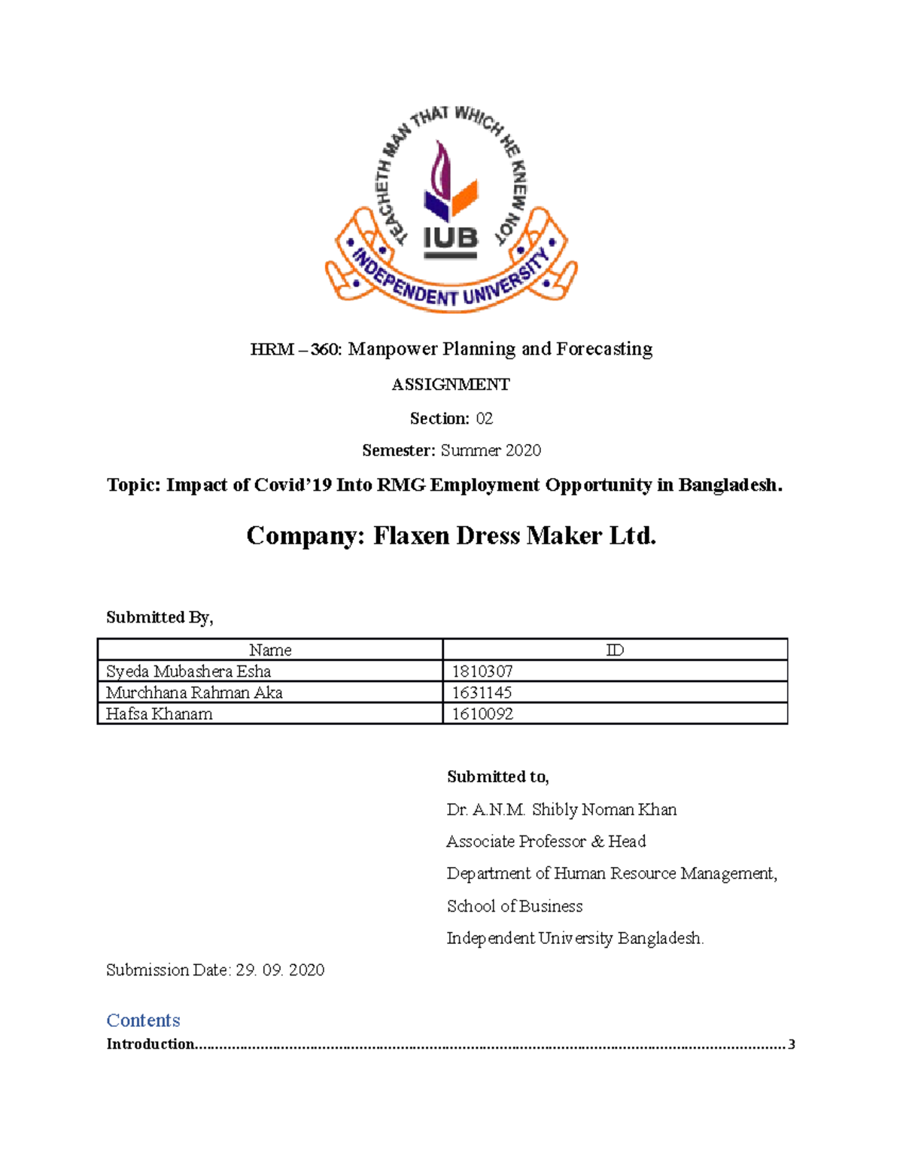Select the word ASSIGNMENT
[x=451, y=385]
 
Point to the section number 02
[x=484, y=419]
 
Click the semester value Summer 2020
[x=491, y=451]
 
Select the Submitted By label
[x=160, y=618]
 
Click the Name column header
[x=270, y=650]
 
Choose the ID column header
[x=615, y=650]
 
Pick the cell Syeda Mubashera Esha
[x=188, y=671]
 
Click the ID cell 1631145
[x=482, y=693]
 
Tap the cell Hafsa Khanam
[x=160, y=714]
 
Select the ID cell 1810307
[x=482, y=671]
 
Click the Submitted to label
[x=497, y=777]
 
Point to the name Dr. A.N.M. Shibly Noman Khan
[x=561, y=810]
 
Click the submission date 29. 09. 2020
[x=280, y=970]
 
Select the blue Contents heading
[x=143, y=1021]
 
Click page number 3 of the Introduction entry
[x=791, y=1045]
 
